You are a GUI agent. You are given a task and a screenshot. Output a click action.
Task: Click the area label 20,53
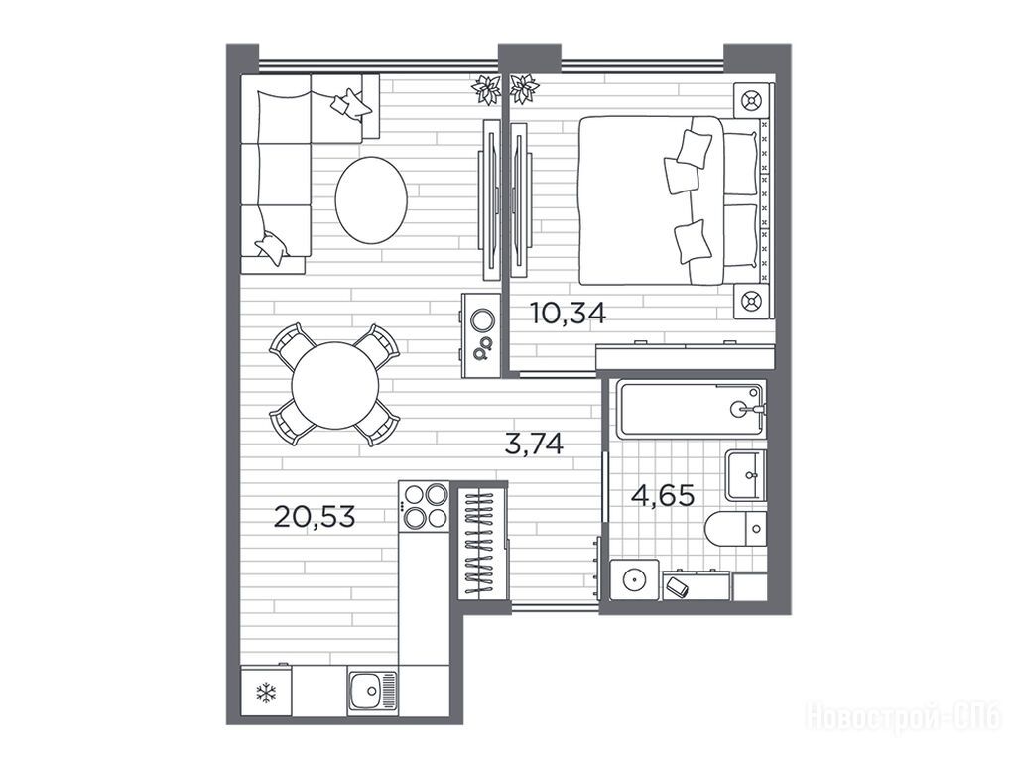coord(315,517)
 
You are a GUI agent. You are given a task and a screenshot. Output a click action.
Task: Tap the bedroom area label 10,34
coord(569,314)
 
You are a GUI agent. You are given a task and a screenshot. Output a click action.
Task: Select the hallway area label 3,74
coord(534,444)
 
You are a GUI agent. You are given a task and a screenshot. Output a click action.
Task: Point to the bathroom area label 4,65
coord(663,496)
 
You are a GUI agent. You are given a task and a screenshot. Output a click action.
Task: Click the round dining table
coord(335,386)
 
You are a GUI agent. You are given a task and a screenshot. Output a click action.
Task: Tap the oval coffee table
coord(371,200)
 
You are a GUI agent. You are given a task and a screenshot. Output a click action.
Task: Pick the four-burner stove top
coord(424,506)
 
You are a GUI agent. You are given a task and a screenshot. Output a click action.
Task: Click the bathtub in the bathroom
coord(691,409)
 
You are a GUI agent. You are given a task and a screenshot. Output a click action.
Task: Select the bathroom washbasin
coord(746,475)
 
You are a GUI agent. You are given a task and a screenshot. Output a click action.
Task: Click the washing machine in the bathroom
coord(634,579)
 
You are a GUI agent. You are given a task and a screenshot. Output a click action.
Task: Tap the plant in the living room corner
coord(486,89)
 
